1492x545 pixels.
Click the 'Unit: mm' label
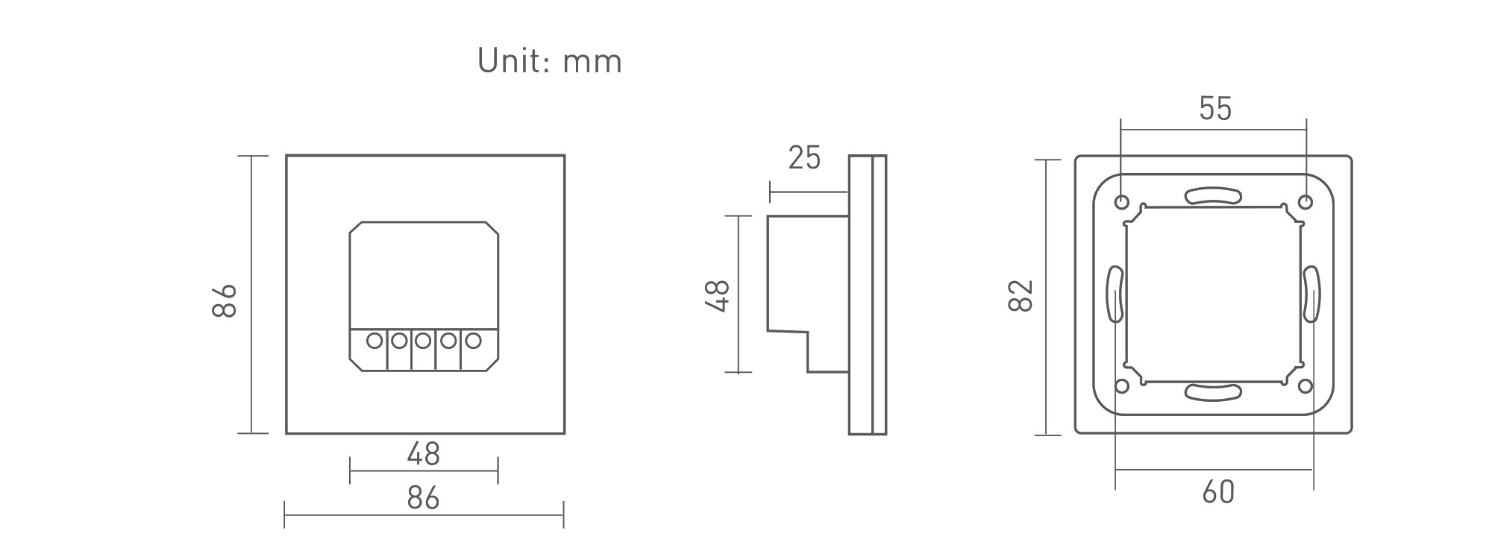tap(549, 61)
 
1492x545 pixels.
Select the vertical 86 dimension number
tap(225, 300)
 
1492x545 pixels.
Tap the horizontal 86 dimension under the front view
tap(423, 497)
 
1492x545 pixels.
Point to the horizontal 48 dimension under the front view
tap(423, 454)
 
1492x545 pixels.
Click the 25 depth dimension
tap(804, 158)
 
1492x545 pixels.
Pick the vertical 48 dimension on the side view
tap(718, 294)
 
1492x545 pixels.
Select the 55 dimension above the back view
tap(1215, 109)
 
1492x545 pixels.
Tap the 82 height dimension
tap(1021, 295)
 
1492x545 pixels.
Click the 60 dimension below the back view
tap(1218, 492)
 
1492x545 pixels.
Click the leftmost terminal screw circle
tap(374, 341)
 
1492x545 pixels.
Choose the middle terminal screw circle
tap(423, 341)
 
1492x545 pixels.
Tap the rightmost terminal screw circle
tap(472, 341)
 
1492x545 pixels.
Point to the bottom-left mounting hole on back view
tap(1121, 385)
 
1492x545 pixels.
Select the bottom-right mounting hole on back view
tap(1305, 385)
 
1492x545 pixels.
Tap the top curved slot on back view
tap(1213, 195)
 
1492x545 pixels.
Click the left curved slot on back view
tap(1114, 294)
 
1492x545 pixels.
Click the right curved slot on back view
tap(1312, 294)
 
